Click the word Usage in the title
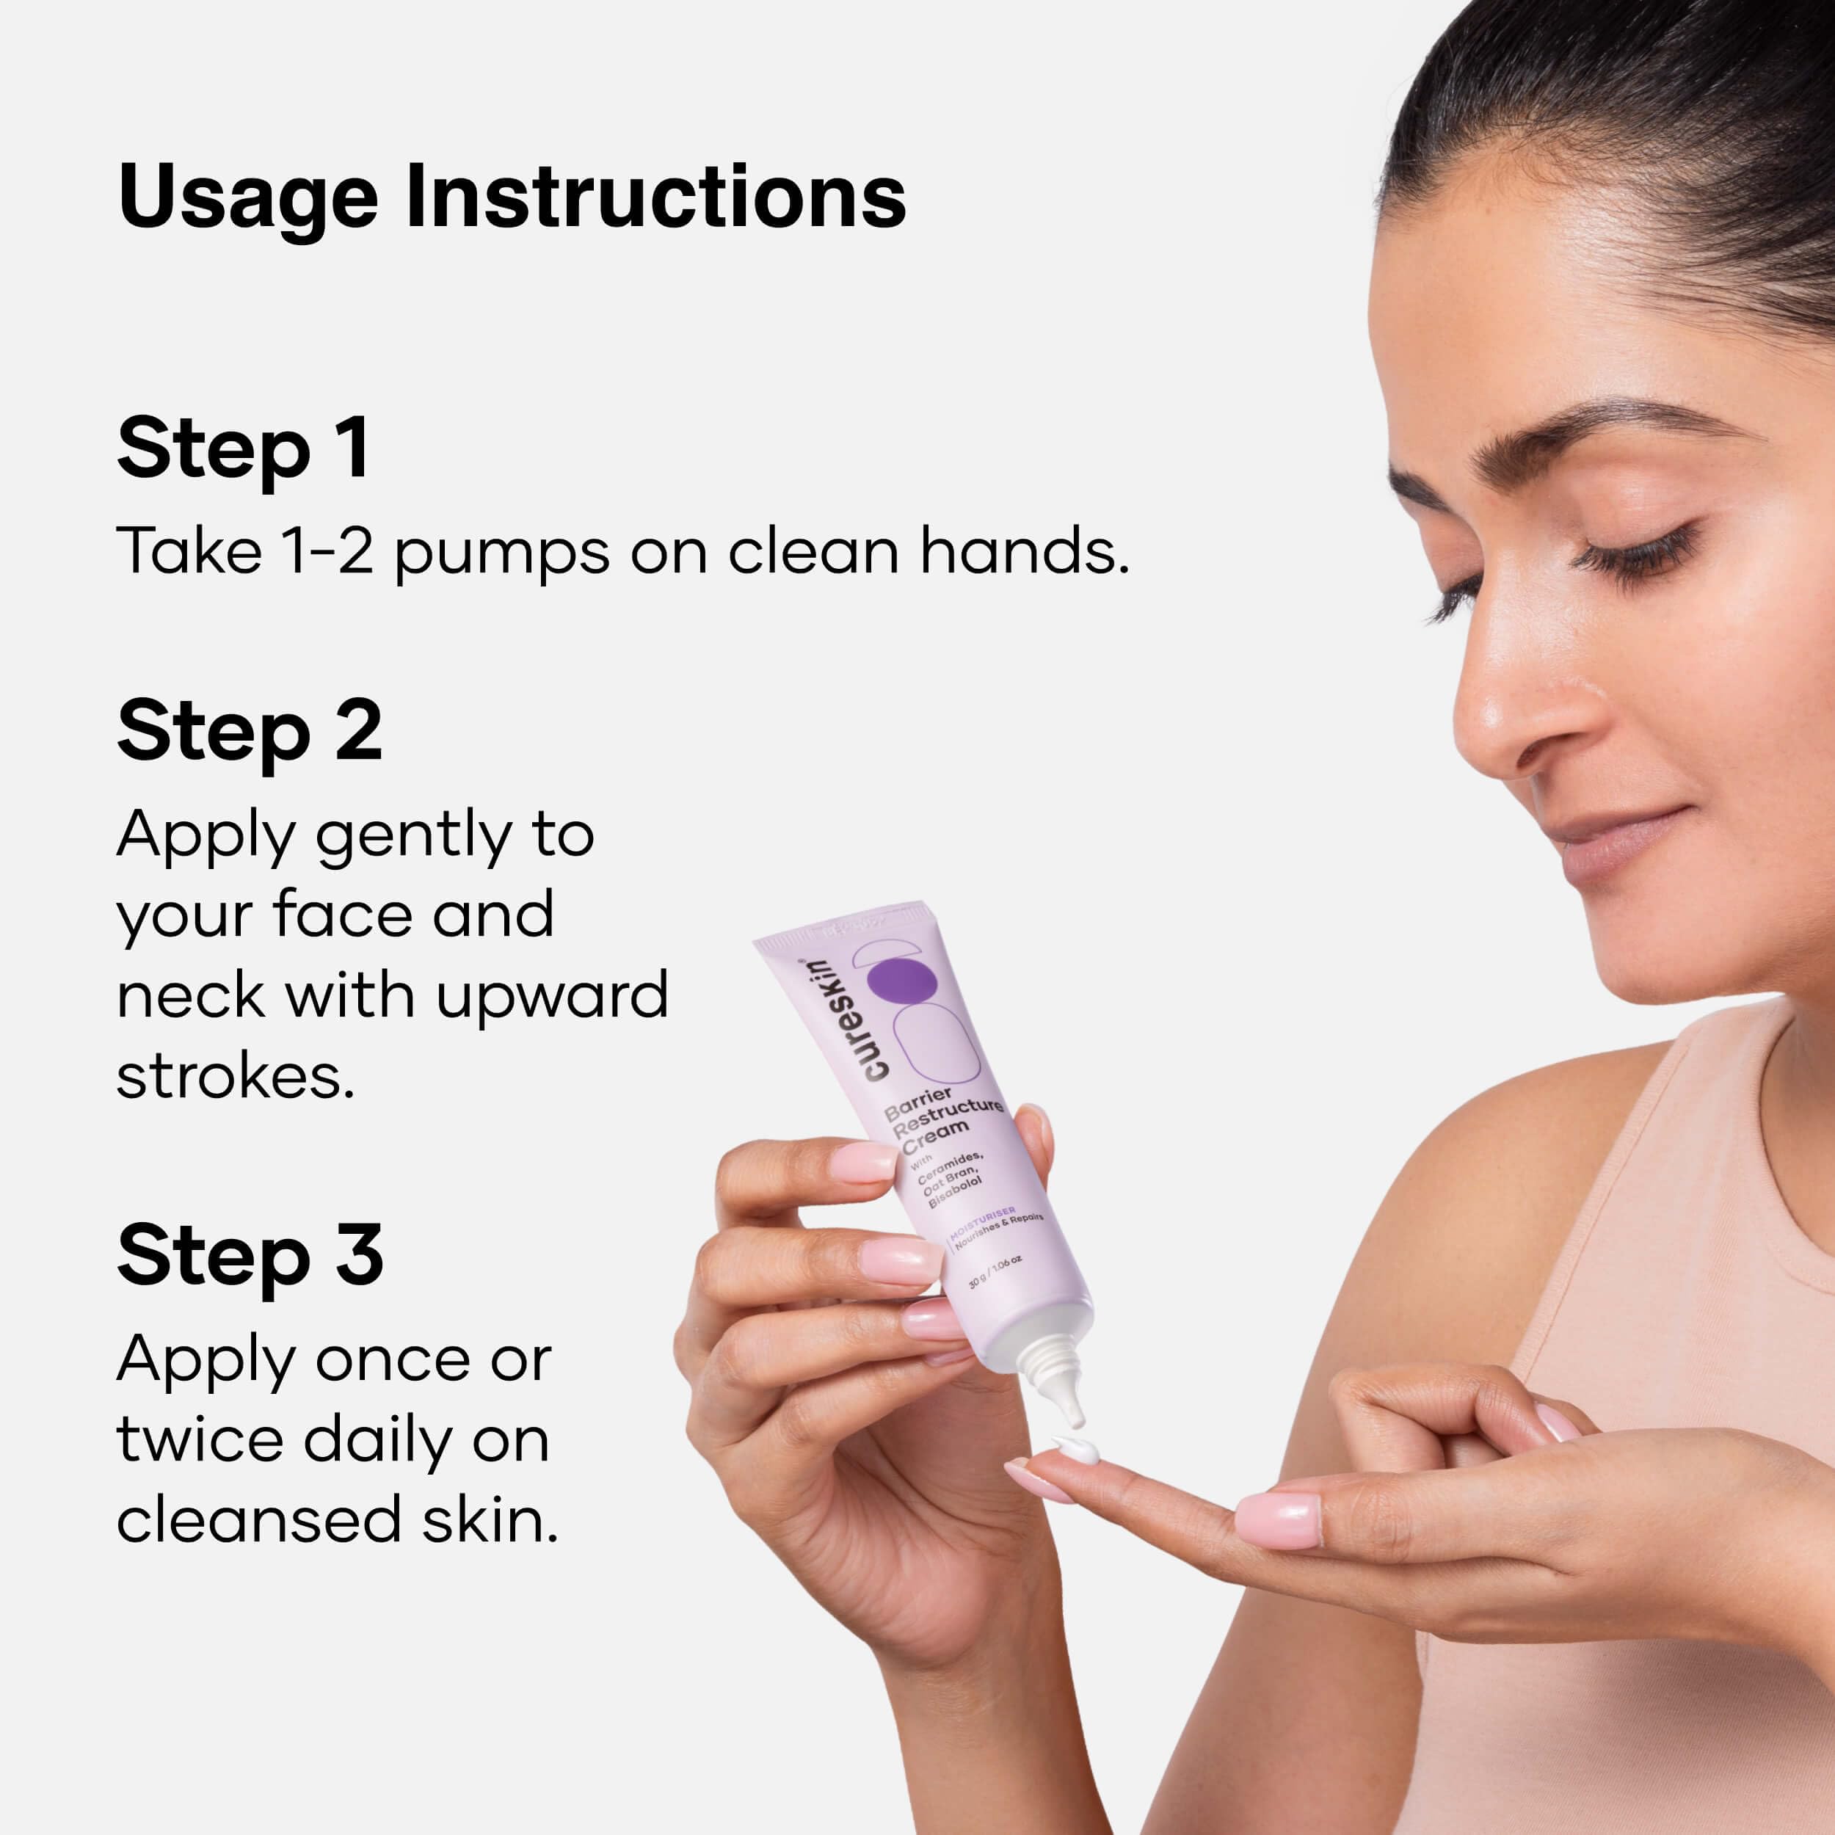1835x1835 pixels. [248, 198]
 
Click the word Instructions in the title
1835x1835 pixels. [656, 197]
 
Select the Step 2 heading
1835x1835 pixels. [250, 731]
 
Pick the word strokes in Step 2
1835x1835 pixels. [236, 1077]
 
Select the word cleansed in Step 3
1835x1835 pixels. [258, 1519]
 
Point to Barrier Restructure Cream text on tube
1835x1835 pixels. [940, 1121]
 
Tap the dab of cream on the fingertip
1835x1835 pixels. [1077, 1450]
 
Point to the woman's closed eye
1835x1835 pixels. [1635, 556]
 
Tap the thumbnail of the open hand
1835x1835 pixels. [1277, 1519]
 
